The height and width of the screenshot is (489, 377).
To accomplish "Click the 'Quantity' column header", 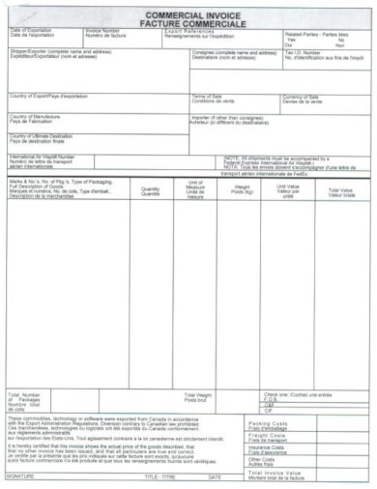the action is click(151, 188).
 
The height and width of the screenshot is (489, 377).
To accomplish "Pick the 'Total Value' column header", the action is click(339, 189).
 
